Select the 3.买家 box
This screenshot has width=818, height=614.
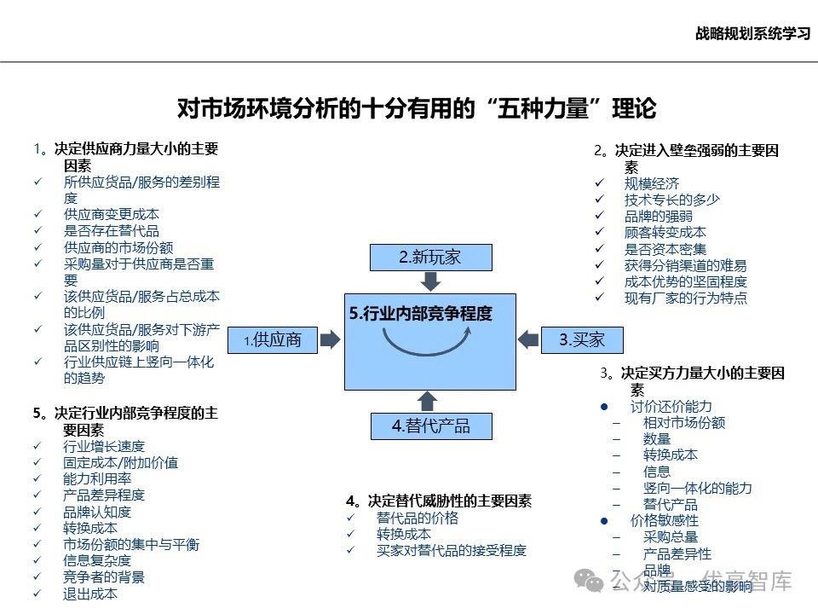582,339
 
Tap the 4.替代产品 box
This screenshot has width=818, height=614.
431,426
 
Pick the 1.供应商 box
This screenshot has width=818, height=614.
273,339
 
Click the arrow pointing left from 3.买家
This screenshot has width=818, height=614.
528,339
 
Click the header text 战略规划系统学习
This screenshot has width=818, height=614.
752,34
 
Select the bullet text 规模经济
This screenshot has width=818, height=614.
652,183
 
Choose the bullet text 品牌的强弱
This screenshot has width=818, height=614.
658,216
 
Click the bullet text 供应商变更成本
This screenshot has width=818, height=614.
111,214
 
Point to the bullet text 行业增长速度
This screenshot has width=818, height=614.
104,446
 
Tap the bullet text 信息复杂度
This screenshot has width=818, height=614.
97,560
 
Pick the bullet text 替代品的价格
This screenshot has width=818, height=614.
418,518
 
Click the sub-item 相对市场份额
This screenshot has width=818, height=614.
684,422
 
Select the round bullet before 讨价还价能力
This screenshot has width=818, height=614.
604,407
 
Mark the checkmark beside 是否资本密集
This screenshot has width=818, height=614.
599,249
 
